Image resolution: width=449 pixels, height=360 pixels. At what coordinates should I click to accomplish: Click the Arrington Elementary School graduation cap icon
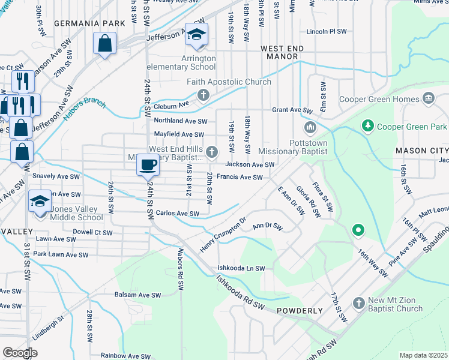point(196,35)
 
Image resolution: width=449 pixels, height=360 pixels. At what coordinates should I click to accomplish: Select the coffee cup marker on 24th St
point(148,164)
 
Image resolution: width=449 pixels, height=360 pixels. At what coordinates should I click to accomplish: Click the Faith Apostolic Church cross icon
point(203,95)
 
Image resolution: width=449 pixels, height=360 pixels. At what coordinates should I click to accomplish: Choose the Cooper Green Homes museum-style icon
point(429,98)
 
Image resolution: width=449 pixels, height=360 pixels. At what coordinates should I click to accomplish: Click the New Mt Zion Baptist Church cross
point(358,304)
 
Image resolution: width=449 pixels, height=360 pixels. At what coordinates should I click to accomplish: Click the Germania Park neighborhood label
point(89,23)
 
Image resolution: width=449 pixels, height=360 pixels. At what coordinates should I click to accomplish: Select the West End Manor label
point(279,52)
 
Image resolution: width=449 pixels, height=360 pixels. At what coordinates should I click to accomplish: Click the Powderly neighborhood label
point(300,311)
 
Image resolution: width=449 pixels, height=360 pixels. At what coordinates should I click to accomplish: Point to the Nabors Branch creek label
point(85,106)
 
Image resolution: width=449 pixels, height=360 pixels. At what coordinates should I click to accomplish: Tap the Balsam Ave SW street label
point(138,295)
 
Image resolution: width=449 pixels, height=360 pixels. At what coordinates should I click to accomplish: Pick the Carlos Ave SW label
point(177,214)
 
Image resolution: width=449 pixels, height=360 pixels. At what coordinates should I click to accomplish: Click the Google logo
point(20,353)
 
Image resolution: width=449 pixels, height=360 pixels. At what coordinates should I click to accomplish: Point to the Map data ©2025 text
point(423,355)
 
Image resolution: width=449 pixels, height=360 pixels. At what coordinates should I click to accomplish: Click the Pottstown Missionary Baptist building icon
point(310,127)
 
